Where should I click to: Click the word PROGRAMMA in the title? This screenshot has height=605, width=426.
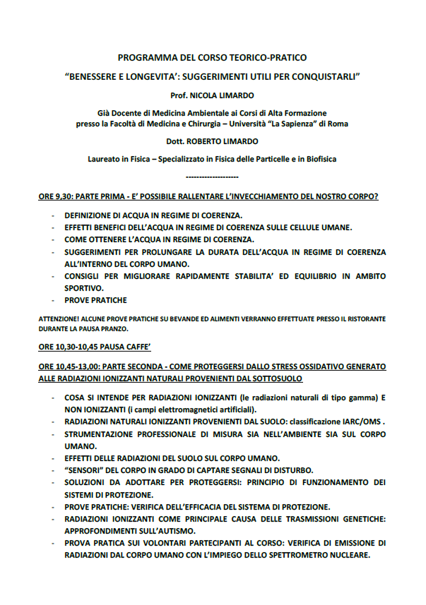145,57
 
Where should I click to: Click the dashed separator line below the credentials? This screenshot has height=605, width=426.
211,176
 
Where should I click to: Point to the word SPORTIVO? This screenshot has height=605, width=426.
83,288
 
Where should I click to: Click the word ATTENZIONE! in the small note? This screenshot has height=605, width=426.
57,319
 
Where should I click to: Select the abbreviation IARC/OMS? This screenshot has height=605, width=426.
361,421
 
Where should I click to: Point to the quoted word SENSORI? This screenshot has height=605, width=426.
88,470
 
